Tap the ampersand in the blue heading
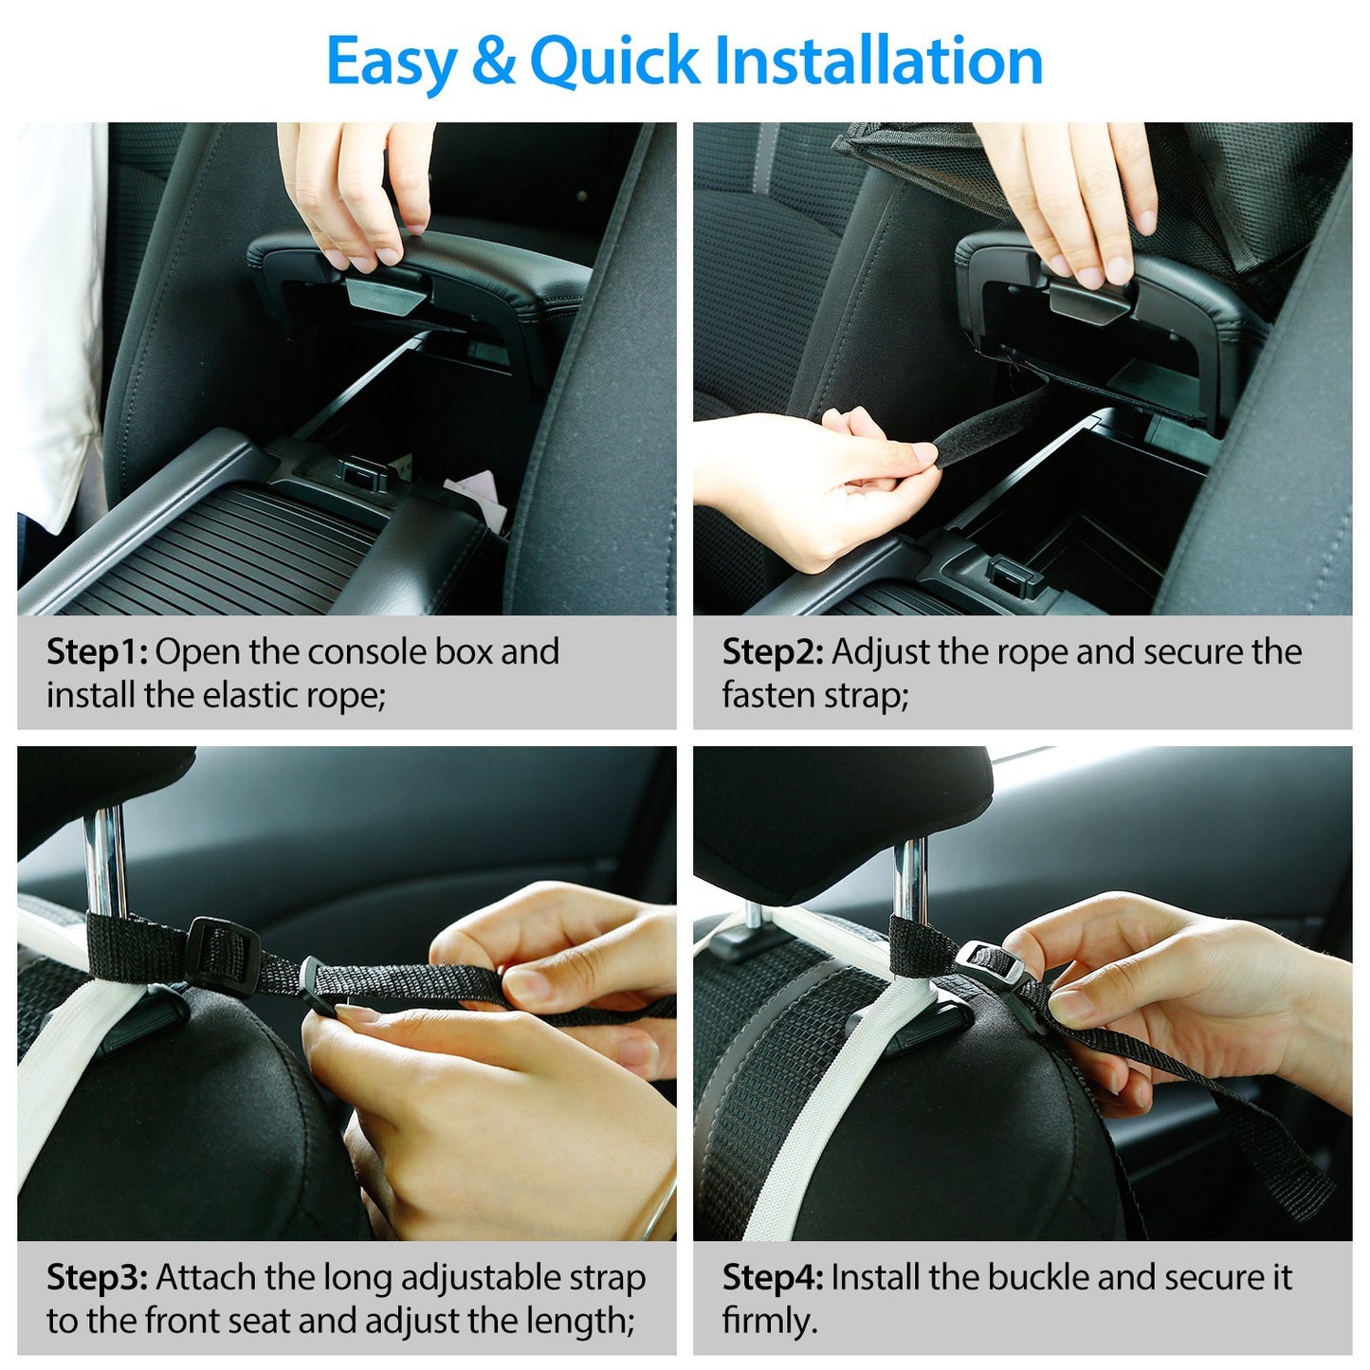492,61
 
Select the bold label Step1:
97,652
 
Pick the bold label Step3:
97,1277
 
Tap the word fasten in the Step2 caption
763,696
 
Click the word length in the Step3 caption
582,1321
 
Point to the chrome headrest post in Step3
103,858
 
